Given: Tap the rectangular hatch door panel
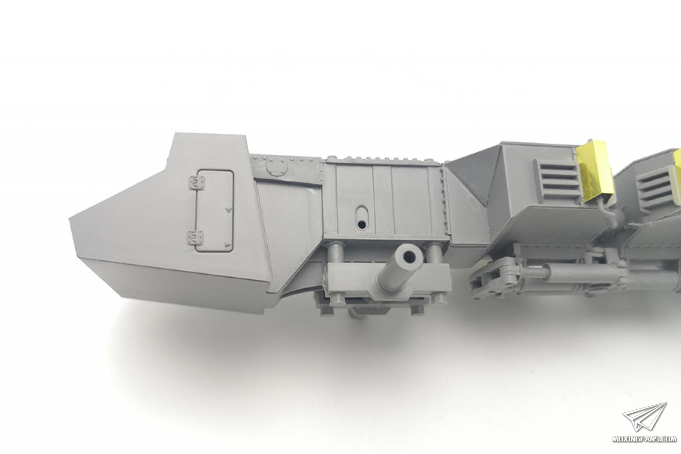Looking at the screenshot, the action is point(215,211).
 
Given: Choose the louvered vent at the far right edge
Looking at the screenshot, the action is point(660,190).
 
